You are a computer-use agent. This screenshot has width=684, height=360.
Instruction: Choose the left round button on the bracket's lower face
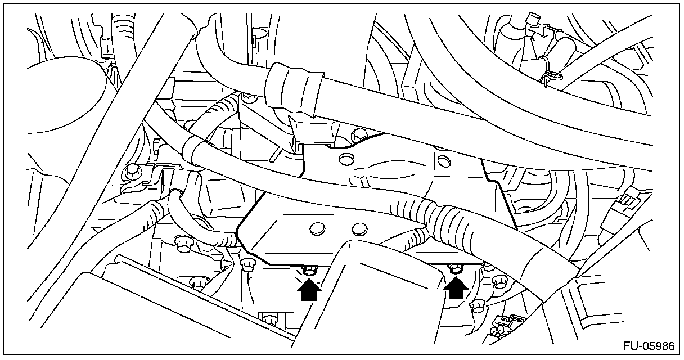point(317,228)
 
